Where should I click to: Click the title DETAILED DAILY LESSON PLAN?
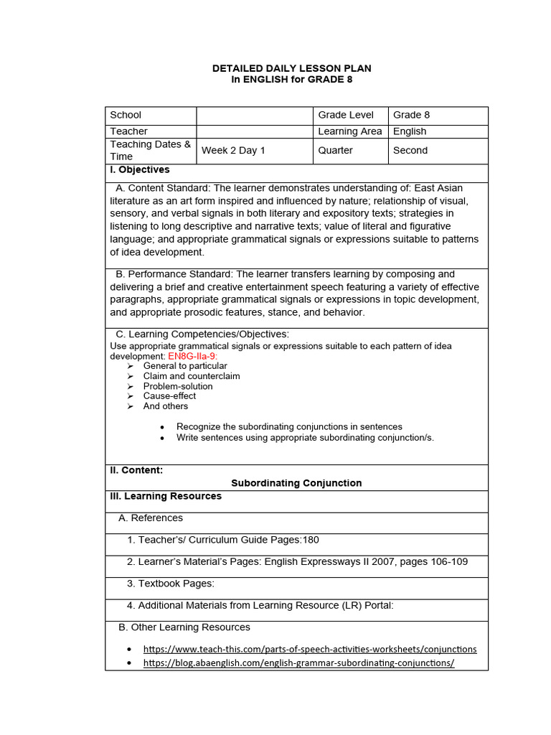click(291, 68)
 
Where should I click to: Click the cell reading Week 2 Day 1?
click(233, 151)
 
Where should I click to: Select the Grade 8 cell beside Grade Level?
click(411, 115)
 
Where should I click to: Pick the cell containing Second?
click(410, 151)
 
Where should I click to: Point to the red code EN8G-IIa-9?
click(193, 356)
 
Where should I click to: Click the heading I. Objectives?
click(140, 170)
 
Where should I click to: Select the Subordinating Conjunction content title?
click(296, 483)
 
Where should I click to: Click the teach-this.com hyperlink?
click(310, 649)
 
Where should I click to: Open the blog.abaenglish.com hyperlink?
click(299, 663)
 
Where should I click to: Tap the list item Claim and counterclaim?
click(192, 376)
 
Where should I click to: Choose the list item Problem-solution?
click(178, 386)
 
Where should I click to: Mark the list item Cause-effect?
click(169, 395)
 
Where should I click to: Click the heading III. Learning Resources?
click(166, 496)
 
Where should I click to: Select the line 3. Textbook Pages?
click(171, 583)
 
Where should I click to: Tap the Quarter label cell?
click(336, 151)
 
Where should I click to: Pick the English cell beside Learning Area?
click(410, 131)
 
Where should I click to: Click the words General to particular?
click(185, 366)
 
